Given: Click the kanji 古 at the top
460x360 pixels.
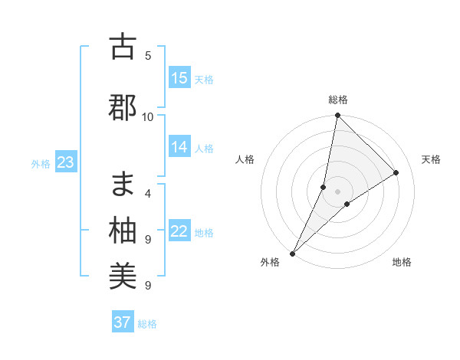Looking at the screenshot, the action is pyautogui.click(x=123, y=47).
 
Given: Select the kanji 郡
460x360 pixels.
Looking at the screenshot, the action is pyautogui.click(x=123, y=108).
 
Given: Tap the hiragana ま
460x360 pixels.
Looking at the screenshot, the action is pyautogui.click(x=123, y=184).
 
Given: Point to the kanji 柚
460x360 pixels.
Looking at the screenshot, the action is pyautogui.click(x=123, y=231).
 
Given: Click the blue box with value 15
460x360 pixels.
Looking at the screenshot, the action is pyautogui.click(x=179, y=78).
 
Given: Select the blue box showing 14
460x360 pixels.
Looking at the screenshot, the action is pyautogui.click(x=179, y=147).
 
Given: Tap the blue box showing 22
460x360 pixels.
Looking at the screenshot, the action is pyautogui.click(x=179, y=231).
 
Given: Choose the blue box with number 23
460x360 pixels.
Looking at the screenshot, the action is pyautogui.click(x=65, y=162).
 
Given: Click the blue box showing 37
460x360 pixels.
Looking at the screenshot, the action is pyautogui.click(x=123, y=322).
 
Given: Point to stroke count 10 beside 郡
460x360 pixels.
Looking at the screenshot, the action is pyautogui.click(x=148, y=116).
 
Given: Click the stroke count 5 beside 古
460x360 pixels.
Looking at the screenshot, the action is pyautogui.click(x=148, y=55).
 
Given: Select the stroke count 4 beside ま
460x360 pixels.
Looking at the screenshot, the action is pyautogui.click(x=148, y=193).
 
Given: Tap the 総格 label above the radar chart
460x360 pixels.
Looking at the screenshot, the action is pyautogui.click(x=338, y=100).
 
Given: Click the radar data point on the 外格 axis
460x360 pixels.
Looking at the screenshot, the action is pyautogui.click(x=293, y=253).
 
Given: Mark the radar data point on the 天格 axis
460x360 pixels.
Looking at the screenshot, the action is pyautogui.click(x=396, y=172).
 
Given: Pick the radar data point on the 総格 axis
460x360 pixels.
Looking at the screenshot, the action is pyautogui.click(x=337, y=116).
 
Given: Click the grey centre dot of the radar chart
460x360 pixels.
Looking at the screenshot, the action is pyautogui.click(x=337, y=191).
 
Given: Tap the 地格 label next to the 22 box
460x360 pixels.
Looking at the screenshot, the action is pyautogui.click(x=205, y=232).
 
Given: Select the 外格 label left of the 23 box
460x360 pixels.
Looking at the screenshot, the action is pyautogui.click(x=41, y=163).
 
